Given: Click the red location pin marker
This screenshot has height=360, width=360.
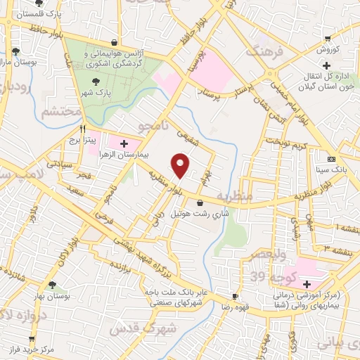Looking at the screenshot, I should pyautogui.click(x=181, y=165).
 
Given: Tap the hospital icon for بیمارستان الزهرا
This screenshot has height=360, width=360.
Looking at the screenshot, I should pyautogui.click(x=124, y=143).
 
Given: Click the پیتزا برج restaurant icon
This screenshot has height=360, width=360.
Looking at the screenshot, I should pyautogui.click(x=83, y=129).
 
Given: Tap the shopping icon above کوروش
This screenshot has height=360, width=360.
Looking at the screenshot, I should pyautogui.click(x=326, y=39).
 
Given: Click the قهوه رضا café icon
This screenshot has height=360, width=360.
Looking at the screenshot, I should pyautogui.click(x=236, y=297).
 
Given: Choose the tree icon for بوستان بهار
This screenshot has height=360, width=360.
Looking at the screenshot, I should pyautogui.click(x=52, y=285).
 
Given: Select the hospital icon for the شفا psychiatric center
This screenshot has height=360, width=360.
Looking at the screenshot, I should pyautogui.click(x=307, y=284).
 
